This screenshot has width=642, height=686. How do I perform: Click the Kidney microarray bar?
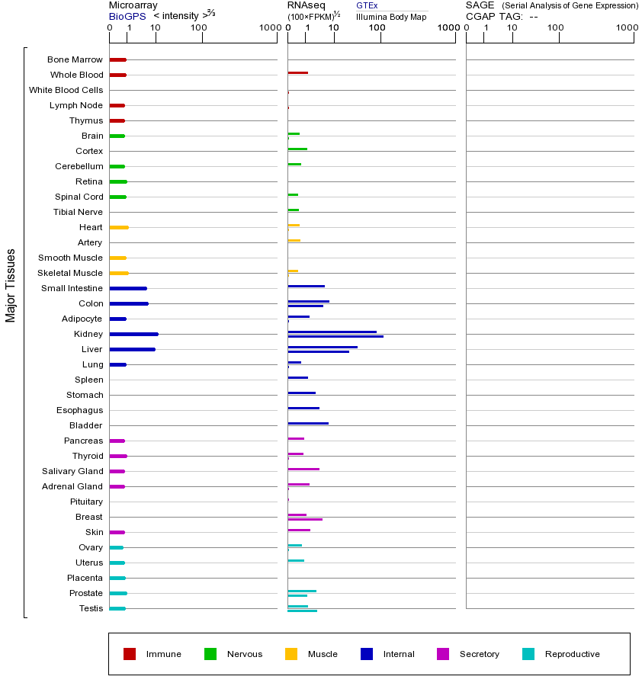click(x=133, y=334)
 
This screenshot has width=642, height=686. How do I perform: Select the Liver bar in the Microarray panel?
click(x=132, y=349)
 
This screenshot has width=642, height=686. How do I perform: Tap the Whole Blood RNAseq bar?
click(x=297, y=73)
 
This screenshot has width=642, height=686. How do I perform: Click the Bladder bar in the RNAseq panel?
click(x=308, y=423)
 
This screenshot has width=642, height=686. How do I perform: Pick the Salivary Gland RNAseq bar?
click(x=303, y=469)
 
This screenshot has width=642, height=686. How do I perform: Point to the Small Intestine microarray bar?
click(x=128, y=288)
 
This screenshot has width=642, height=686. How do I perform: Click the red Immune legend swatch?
click(x=130, y=654)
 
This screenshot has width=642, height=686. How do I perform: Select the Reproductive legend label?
click(x=572, y=654)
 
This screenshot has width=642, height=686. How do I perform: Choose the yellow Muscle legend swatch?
click(x=291, y=654)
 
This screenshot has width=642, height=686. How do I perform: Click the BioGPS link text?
click(x=127, y=16)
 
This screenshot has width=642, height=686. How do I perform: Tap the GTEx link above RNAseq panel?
click(x=367, y=5)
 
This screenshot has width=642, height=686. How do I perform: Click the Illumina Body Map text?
click(x=391, y=17)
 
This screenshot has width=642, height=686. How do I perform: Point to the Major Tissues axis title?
click(x=11, y=284)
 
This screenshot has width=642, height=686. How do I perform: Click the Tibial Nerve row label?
click(x=78, y=212)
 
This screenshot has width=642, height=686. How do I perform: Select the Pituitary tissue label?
click(x=86, y=502)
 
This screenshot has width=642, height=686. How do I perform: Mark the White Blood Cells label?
click(x=66, y=90)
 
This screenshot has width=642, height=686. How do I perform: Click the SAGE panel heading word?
click(x=480, y=5)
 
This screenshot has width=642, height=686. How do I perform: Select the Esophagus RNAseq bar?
click(x=303, y=408)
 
